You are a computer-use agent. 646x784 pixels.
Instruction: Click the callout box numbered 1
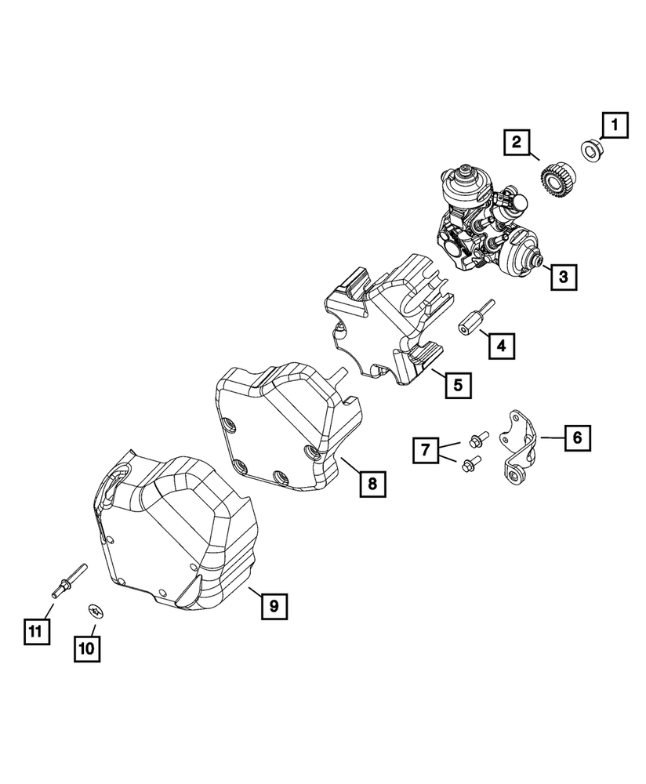[x=615, y=124]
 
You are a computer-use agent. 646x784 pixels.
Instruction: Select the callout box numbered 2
[x=517, y=142]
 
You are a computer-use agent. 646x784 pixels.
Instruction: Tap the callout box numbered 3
[x=564, y=276]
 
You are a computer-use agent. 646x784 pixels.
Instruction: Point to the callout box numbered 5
[x=459, y=384]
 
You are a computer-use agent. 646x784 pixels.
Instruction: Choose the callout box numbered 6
[x=576, y=437]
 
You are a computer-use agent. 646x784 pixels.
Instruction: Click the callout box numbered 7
[x=426, y=450]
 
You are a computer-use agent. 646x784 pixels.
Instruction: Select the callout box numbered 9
[x=274, y=604]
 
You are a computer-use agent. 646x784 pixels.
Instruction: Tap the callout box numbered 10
[x=88, y=648]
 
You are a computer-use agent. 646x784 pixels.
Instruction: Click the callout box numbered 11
[x=35, y=630]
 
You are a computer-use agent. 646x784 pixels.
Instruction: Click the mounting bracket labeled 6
[x=517, y=447]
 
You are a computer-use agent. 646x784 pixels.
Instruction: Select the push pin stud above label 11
[x=71, y=581]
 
